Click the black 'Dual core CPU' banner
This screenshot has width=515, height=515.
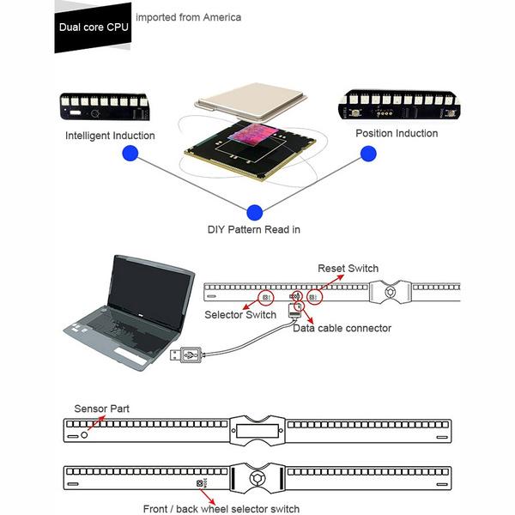(x=93, y=27)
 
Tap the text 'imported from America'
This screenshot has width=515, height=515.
(x=189, y=17)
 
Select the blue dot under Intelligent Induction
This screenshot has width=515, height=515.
(x=130, y=153)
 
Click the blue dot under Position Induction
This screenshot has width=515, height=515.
(x=368, y=154)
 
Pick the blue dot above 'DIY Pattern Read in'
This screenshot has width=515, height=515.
(x=255, y=213)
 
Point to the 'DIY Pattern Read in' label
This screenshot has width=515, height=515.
(x=254, y=229)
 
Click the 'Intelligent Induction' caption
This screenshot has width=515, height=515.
(x=110, y=136)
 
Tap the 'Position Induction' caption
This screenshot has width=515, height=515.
(x=397, y=133)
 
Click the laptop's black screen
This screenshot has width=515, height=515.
(x=149, y=291)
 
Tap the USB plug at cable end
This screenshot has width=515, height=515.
(x=186, y=354)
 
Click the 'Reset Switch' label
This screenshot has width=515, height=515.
(x=348, y=268)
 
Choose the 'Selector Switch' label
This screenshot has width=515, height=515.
(x=240, y=314)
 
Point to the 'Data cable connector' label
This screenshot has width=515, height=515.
(x=342, y=328)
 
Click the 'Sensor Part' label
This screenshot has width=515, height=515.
(x=101, y=409)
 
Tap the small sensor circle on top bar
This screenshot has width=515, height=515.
(x=84, y=435)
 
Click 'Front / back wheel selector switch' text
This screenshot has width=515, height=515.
(x=221, y=508)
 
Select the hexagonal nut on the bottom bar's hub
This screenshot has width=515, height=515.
(x=257, y=478)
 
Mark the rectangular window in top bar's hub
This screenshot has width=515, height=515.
(x=257, y=431)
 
